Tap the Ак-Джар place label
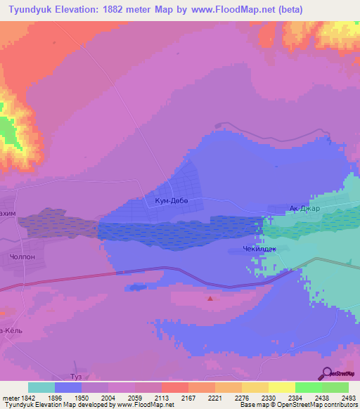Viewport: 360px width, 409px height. coord(304,209)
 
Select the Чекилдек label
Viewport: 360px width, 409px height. coord(247,249)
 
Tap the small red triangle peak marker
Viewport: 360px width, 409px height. coord(210,298)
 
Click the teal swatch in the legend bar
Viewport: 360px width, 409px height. coord(41,387)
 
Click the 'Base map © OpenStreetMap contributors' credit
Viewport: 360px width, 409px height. coord(298,405)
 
